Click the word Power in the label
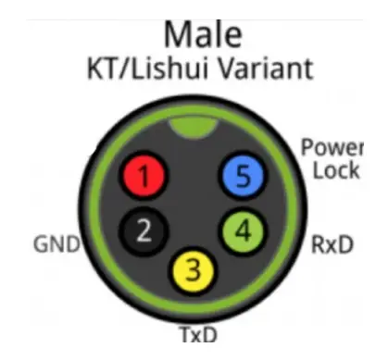pos(332,148)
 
